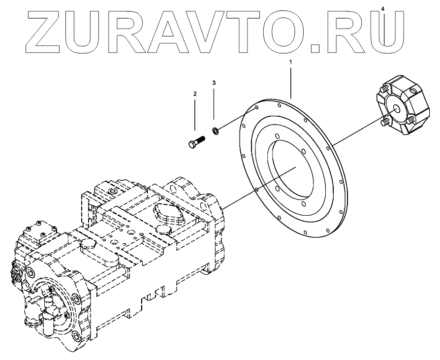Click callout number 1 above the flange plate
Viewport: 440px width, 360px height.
(290, 63)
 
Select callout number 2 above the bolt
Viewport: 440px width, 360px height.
(195, 93)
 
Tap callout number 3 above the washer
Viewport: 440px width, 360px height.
(214, 82)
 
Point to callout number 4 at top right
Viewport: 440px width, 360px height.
(383, 8)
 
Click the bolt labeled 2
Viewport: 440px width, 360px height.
(196, 141)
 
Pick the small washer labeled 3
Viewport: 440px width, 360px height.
(215, 131)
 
